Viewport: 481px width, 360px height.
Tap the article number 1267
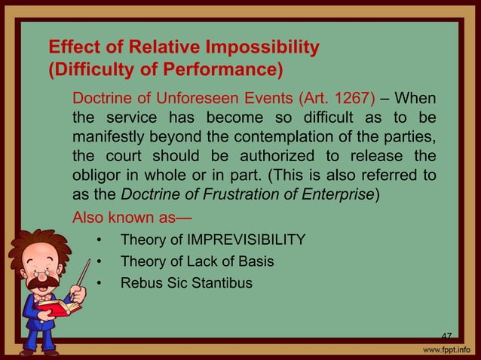pos(299,99)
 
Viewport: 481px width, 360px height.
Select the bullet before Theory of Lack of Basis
pos(99,262)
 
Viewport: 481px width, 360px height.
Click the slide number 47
pos(446,336)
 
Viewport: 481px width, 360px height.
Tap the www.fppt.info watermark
pos(444,350)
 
